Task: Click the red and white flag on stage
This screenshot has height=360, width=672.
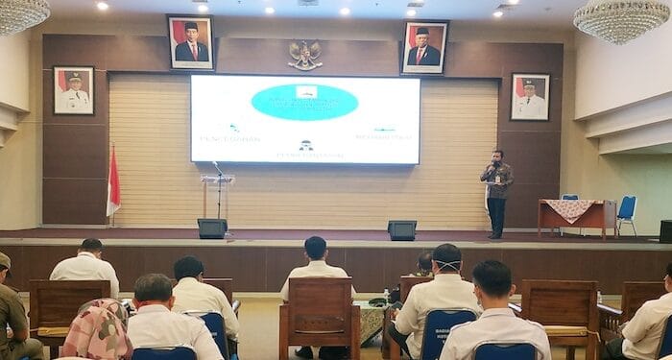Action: tap(112, 183)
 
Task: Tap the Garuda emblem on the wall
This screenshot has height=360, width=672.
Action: tap(305, 55)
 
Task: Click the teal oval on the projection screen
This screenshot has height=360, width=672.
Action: tap(304, 102)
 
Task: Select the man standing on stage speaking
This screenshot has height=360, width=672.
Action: tap(496, 192)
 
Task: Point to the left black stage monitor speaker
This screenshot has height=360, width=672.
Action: tap(212, 228)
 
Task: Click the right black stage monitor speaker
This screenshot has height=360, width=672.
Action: tap(401, 230)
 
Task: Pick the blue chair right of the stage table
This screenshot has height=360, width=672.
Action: tap(626, 213)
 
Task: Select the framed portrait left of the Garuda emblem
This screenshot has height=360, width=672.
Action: tap(190, 42)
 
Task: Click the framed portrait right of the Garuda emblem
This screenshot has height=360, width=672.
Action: tap(423, 47)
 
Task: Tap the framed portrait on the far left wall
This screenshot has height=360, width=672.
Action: tap(74, 90)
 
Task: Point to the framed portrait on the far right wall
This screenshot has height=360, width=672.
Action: tap(529, 96)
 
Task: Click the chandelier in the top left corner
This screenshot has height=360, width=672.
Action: tap(21, 13)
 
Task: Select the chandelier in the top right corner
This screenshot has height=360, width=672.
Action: tap(621, 19)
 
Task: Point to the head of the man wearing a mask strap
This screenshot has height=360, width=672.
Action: tap(446, 259)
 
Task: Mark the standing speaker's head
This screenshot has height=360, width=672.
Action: tap(496, 156)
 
